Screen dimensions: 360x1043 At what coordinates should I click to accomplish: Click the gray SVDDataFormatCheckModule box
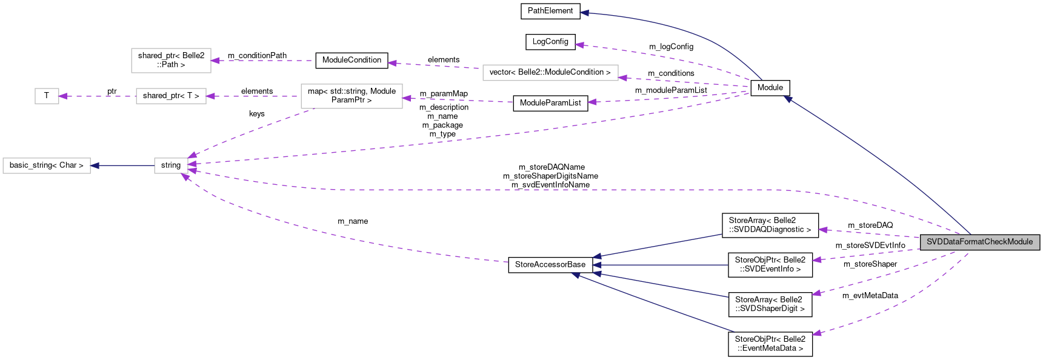[979, 242]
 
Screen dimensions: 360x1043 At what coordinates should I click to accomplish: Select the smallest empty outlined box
[47, 96]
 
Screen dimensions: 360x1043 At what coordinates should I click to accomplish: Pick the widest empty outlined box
[550, 73]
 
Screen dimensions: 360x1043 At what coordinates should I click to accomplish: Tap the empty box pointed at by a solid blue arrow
[47, 165]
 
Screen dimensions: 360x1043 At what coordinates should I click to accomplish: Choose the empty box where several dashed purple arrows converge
[171, 165]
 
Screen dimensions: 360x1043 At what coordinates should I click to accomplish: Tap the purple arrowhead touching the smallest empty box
[63, 96]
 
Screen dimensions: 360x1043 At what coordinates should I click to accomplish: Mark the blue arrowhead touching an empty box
[95, 165]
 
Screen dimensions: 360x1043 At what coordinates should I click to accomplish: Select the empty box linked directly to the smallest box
[171, 96]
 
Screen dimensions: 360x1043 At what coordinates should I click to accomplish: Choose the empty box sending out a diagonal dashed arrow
[352, 96]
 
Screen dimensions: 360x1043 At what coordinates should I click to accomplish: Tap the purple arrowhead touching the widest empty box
[622, 78]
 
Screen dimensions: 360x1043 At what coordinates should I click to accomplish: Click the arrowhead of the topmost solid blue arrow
[584, 13]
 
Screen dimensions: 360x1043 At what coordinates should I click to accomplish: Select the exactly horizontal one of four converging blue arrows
[661, 265]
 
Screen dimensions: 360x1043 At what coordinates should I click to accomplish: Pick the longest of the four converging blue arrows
[655, 304]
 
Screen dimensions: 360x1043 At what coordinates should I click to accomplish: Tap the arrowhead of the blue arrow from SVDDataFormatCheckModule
[788, 99]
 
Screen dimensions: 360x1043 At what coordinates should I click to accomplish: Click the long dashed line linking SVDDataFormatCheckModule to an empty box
[545, 190]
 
